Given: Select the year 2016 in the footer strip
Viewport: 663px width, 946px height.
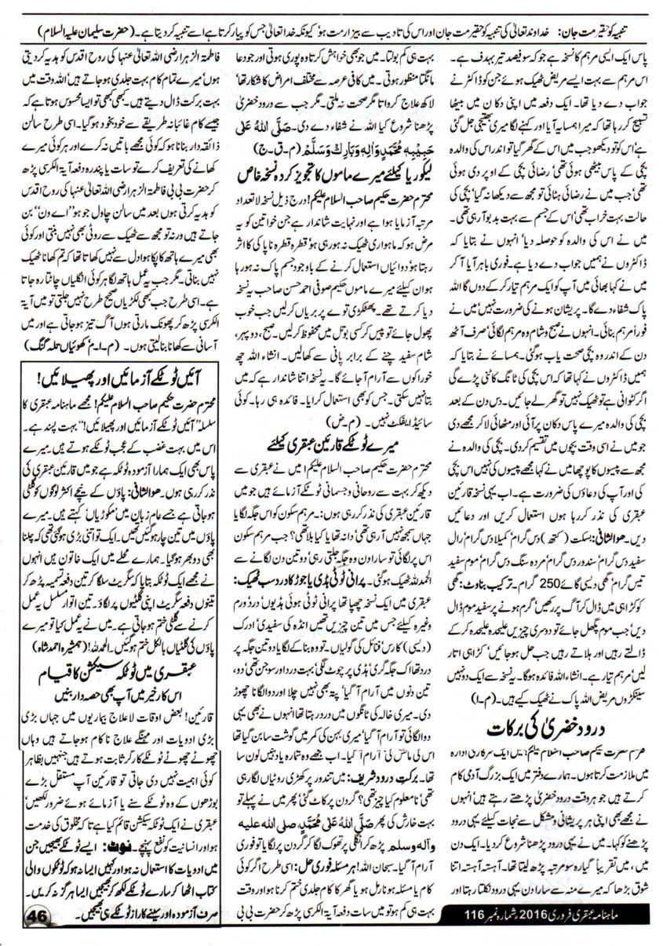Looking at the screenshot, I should click(x=540, y=919).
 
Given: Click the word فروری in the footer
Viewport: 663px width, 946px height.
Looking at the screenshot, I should click(x=569, y=919).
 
